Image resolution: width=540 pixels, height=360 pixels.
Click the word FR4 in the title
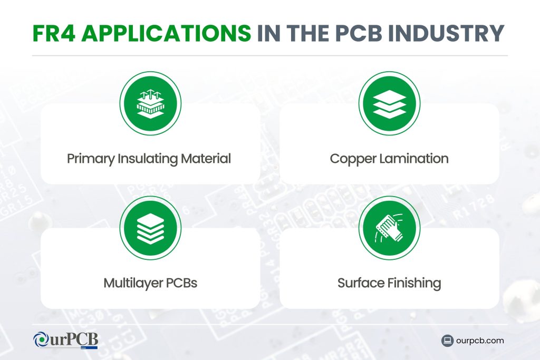[x=54, y=33]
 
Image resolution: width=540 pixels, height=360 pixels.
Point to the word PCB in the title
[x=359, y=33]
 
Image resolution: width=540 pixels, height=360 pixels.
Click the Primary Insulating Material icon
[x=150, y=103]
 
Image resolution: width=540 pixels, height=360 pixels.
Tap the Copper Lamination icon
[x=390, y=103]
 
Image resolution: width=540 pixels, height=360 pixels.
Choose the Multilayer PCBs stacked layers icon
[x=150, y=228]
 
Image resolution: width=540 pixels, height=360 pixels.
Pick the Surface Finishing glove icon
[x=390, y=228]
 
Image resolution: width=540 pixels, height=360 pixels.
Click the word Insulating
[x=148, y=159]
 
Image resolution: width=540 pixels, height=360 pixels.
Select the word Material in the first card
[x=206, y=158]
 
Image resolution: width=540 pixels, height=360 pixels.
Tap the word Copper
[x=353, y=159]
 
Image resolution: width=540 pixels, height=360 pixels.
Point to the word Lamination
[x=414, y=158]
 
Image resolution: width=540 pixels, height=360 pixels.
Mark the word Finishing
[x=414, y=284]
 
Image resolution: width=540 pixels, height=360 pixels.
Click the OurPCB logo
[x=65, y=340]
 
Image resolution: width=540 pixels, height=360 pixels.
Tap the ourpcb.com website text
[x=480, y=340]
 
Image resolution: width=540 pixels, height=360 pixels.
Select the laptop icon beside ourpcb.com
[x=447, y=340]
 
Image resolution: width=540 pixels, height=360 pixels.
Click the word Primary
[x=91, y=159]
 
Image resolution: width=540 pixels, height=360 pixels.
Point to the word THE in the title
[x=308, y=33]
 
